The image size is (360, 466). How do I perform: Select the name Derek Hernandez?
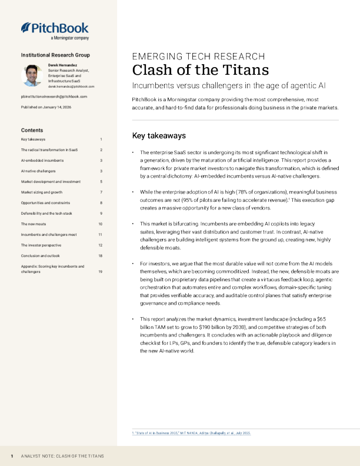coord(64,65)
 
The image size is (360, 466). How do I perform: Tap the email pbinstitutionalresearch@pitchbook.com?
coord(54,96)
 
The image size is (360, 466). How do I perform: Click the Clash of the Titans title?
coord(200,70)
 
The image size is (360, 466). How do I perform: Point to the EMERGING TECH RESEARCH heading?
coord(198,56)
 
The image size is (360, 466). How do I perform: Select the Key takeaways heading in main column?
coord(159,135)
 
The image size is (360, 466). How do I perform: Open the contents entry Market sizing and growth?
coord(41,192)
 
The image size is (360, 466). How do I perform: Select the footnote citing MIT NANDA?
coord(191,433)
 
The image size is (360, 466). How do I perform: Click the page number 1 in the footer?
coord(12,456)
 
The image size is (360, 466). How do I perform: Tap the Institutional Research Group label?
coord(55,55)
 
